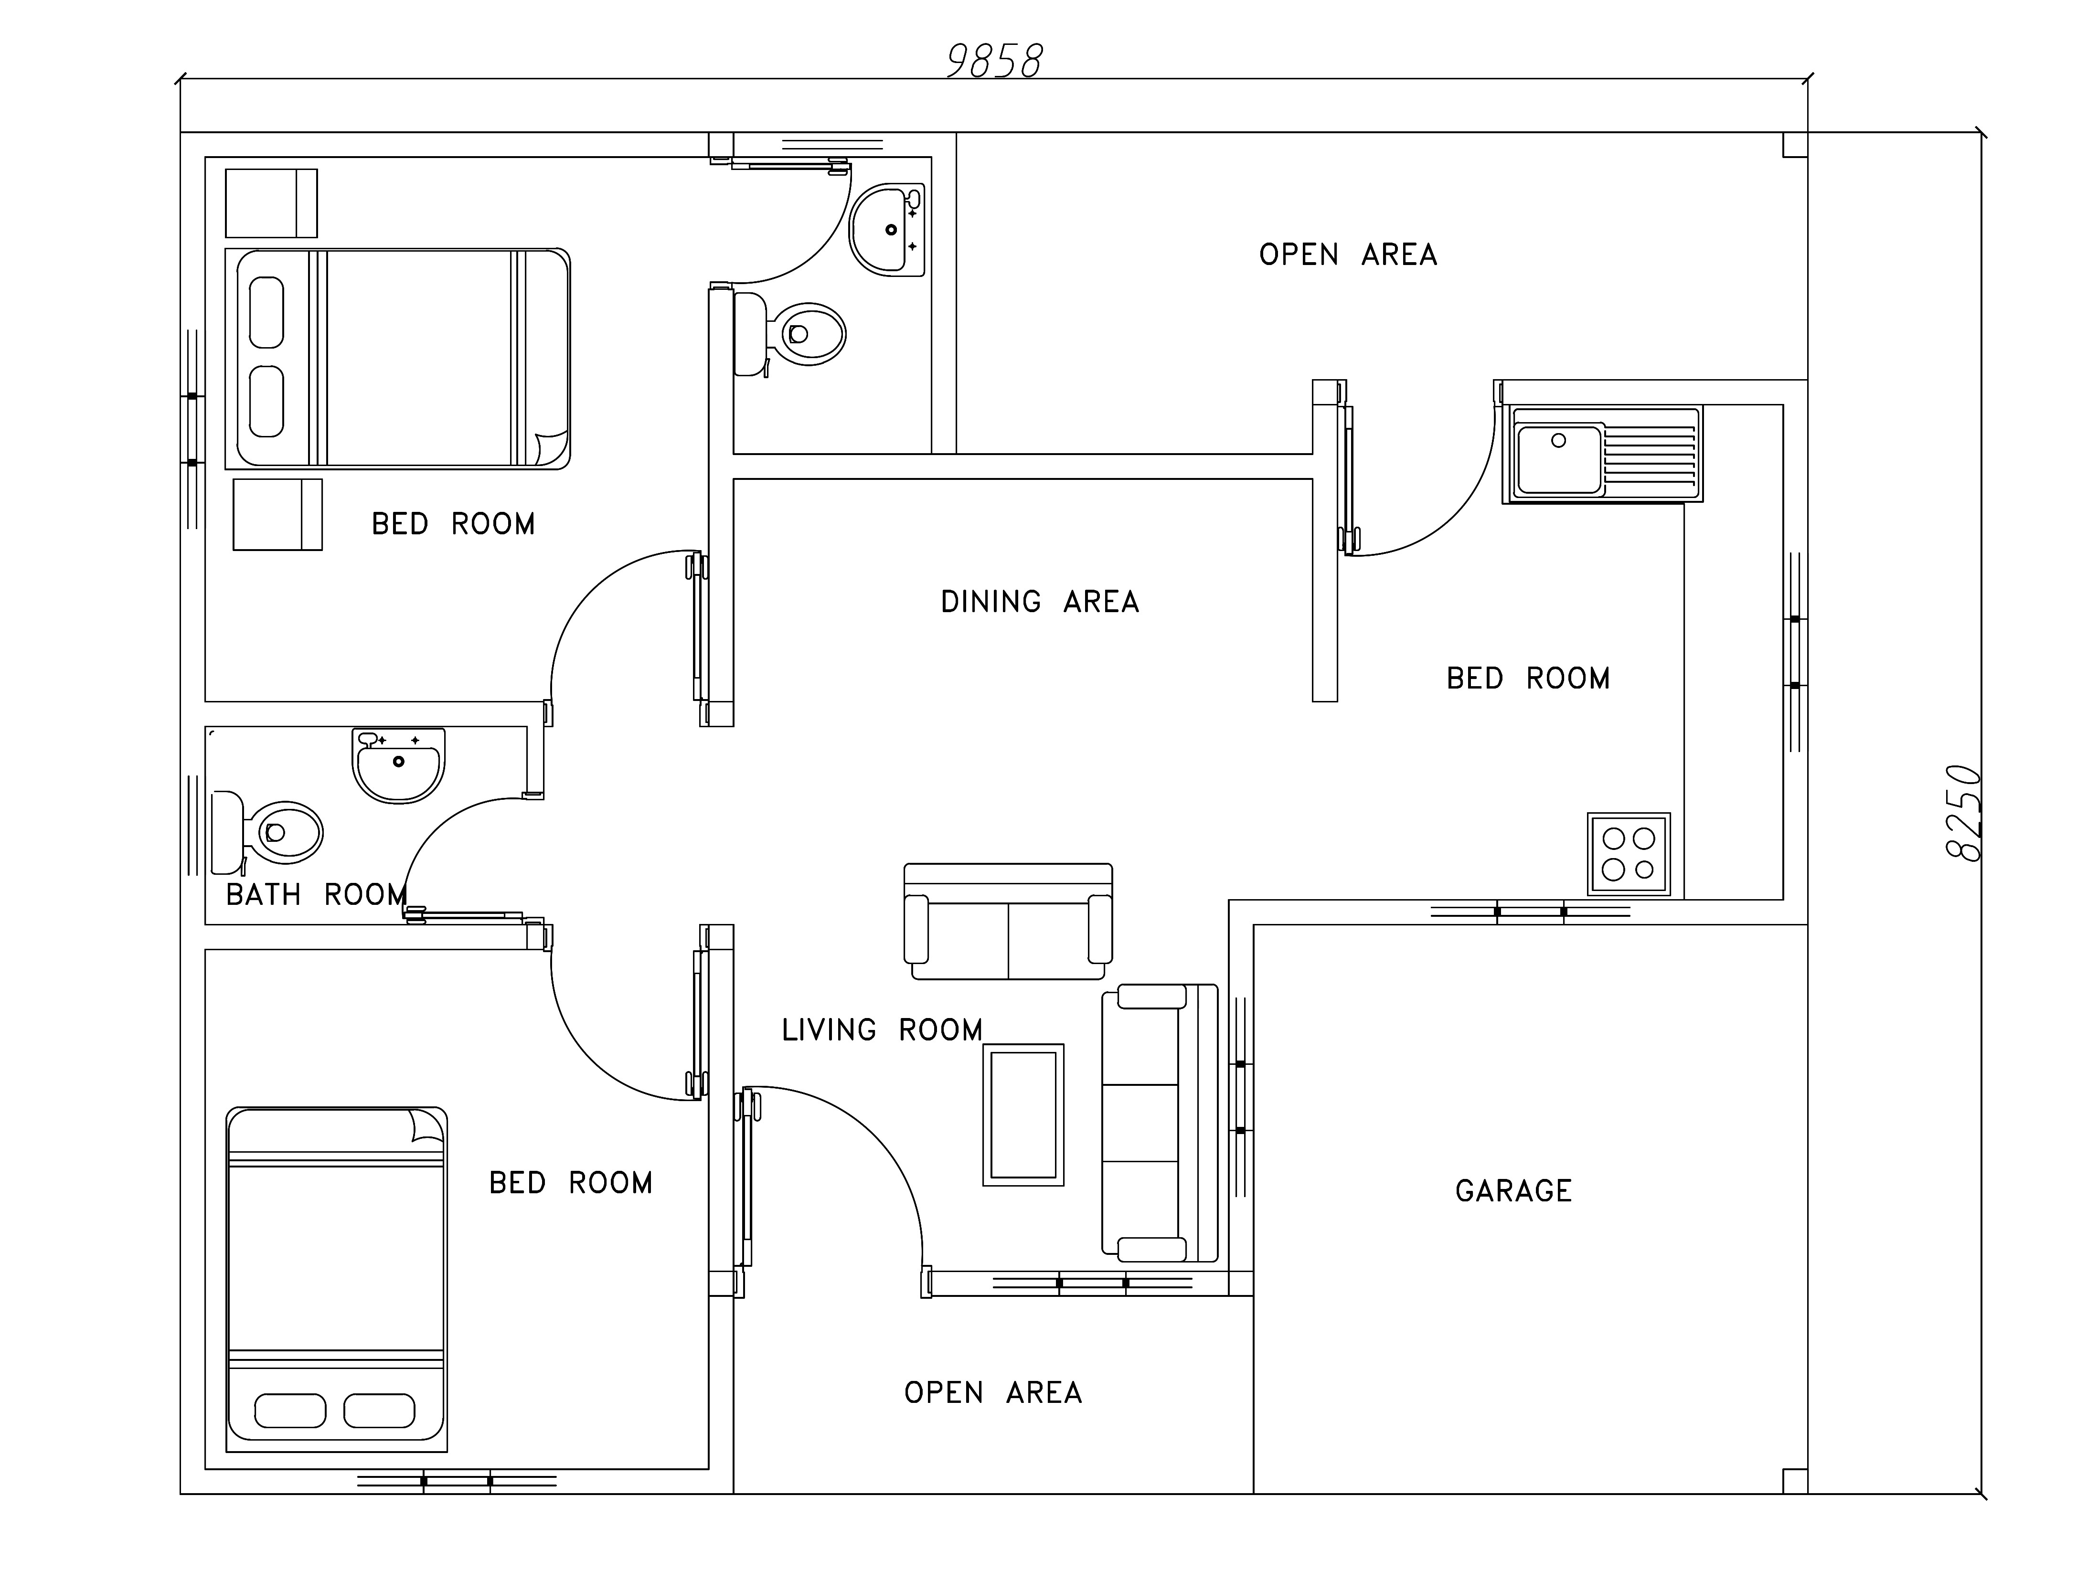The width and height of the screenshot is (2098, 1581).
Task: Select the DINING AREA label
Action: coord(1040,601)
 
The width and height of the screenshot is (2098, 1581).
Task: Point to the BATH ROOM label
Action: coord(316,894)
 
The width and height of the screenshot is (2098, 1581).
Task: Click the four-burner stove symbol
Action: coord(1629,854)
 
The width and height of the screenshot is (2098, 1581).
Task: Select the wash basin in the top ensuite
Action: coord(887,230)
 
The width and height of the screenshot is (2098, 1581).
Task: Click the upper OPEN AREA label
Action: coord(1348,254)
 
